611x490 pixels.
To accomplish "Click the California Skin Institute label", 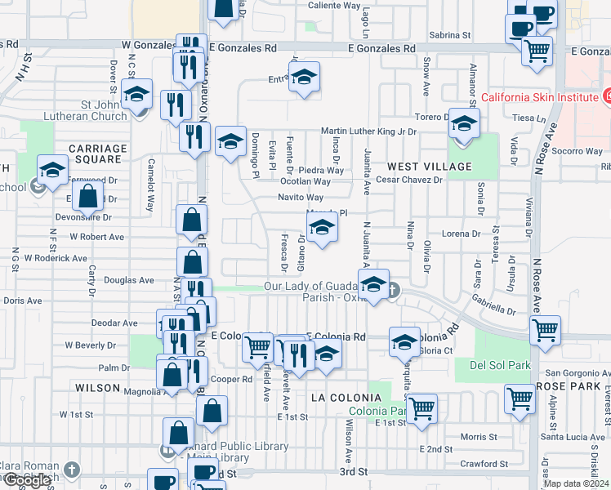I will (538, 97).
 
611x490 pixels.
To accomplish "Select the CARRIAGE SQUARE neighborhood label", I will (97, 154).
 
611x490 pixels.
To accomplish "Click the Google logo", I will (27, 481).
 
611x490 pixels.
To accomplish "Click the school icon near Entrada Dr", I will (305, 78).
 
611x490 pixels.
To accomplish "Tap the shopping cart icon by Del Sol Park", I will (545, 331).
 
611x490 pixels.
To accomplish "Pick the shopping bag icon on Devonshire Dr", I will (88, 196).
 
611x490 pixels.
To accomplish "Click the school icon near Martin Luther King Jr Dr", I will (464, 125).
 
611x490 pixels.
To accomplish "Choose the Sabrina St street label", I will (450, 35).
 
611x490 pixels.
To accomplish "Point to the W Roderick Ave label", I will (56, 258).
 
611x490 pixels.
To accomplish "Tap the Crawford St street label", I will (484, 464).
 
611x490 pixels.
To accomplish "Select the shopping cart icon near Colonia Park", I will (421, 407).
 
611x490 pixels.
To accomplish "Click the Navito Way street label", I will (301, 198).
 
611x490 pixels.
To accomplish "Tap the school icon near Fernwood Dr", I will (52, 171).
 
